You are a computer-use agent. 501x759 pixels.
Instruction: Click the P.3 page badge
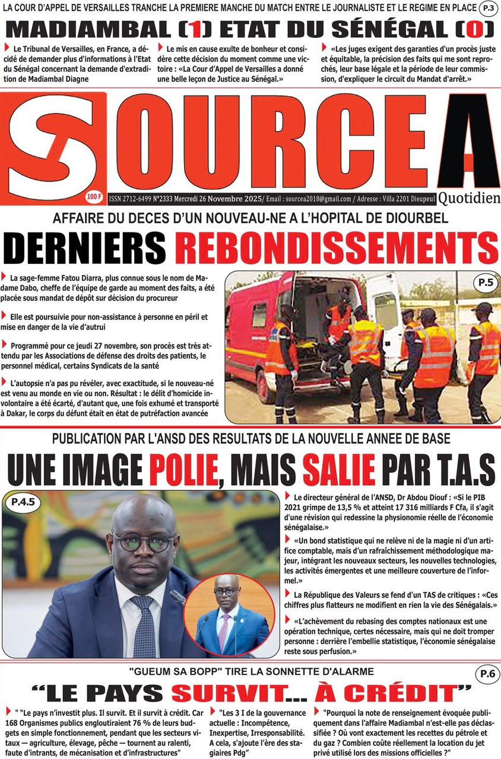pos(489,8)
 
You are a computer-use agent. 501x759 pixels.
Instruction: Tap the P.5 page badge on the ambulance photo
pos(484,283)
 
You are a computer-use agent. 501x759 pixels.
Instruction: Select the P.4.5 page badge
pos(23,503)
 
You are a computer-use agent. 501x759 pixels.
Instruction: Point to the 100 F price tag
pos(93,196)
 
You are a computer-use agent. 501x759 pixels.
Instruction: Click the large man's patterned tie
pos(144,623)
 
